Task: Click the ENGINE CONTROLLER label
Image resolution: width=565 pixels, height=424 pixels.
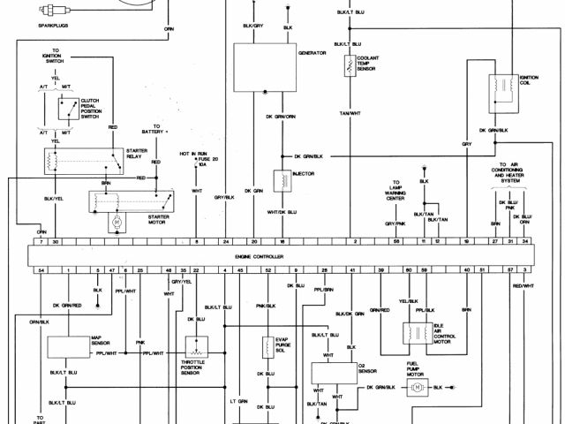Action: click(260, 255)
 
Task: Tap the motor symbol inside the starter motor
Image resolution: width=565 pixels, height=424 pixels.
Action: click(113, 221)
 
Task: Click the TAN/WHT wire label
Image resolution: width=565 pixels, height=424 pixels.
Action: click(350, 113)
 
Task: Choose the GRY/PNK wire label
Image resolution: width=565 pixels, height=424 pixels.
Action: click(395, 224)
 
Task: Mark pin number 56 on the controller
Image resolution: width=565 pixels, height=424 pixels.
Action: click(397, 241)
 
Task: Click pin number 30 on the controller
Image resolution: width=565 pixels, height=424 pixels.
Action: click(55, 241)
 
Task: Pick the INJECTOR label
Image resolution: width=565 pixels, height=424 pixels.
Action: click(305, 173)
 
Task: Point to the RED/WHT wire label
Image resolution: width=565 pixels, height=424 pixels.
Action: click(524, 286)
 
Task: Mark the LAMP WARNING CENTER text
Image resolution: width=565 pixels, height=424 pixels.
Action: click(395, 192)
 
